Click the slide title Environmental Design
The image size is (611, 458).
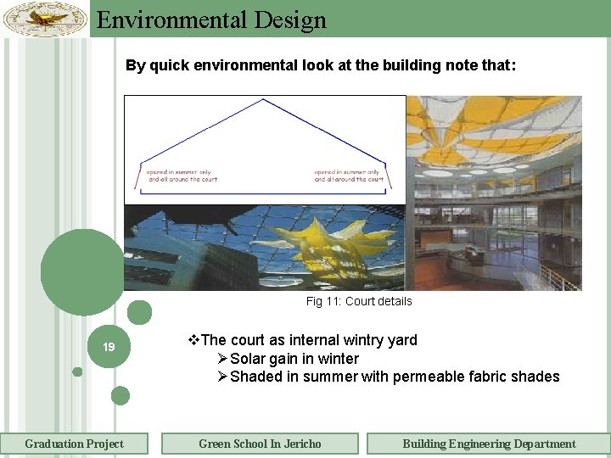211,20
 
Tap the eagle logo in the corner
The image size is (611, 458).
45,19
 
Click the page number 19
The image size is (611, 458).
109,347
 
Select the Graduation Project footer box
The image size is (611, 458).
74,444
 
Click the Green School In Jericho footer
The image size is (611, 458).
260,444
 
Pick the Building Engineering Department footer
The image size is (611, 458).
488,444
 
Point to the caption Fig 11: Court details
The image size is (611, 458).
358,301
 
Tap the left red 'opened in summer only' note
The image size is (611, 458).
182,176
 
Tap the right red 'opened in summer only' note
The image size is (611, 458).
349,176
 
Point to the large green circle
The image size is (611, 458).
82,271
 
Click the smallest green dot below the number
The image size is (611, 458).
77,371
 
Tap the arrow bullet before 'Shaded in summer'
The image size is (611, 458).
222,377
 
